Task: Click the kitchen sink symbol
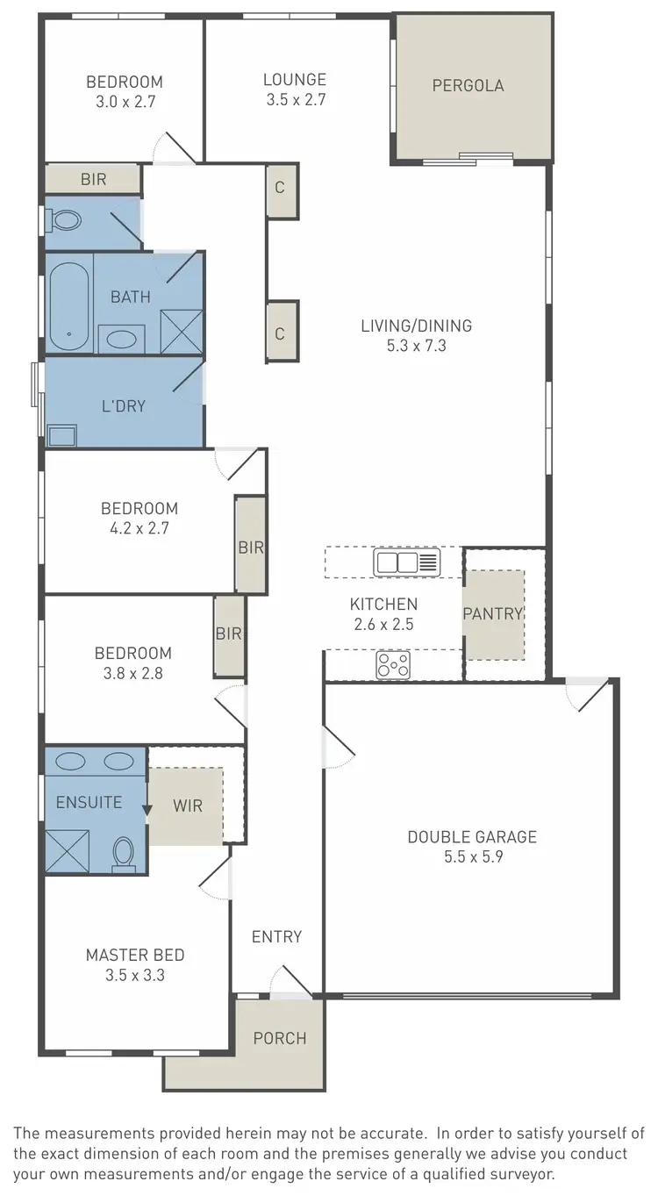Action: coord(406,562)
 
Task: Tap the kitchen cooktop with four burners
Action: coord(394,664)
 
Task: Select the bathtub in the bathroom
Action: coord(68,306)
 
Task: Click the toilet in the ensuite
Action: coord(124,854)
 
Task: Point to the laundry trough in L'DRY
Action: coord(63,434)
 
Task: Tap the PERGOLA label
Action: coord(468,85)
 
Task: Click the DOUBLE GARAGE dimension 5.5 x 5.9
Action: coord(471,856)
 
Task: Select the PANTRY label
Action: coord(492,613)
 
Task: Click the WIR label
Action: coord(188,805)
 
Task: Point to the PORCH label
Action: coord(280,1038)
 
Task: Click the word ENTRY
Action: coord(276,936)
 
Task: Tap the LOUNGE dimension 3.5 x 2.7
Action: coord(296,100)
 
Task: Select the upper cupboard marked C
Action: coord(281,189)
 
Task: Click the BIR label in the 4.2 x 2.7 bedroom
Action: coord(251,547)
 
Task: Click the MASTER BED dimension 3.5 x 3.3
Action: coord(135,975)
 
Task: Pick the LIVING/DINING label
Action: coord(416,326)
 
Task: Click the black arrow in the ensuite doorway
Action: coord(147,812)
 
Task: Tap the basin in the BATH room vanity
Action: coord(121,337)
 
